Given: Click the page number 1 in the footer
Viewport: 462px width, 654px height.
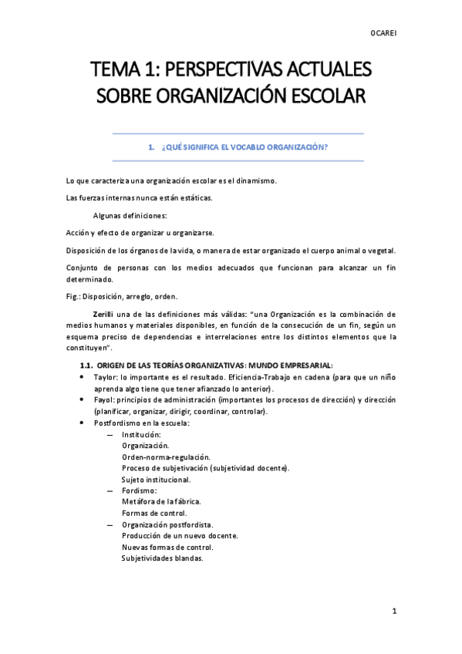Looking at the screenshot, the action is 393,611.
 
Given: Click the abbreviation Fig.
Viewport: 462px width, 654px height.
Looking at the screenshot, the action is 74,296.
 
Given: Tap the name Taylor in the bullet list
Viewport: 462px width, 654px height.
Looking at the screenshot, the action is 106,378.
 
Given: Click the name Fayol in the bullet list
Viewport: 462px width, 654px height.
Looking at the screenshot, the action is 105,400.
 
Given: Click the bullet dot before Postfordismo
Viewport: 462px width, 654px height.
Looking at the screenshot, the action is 83,423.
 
